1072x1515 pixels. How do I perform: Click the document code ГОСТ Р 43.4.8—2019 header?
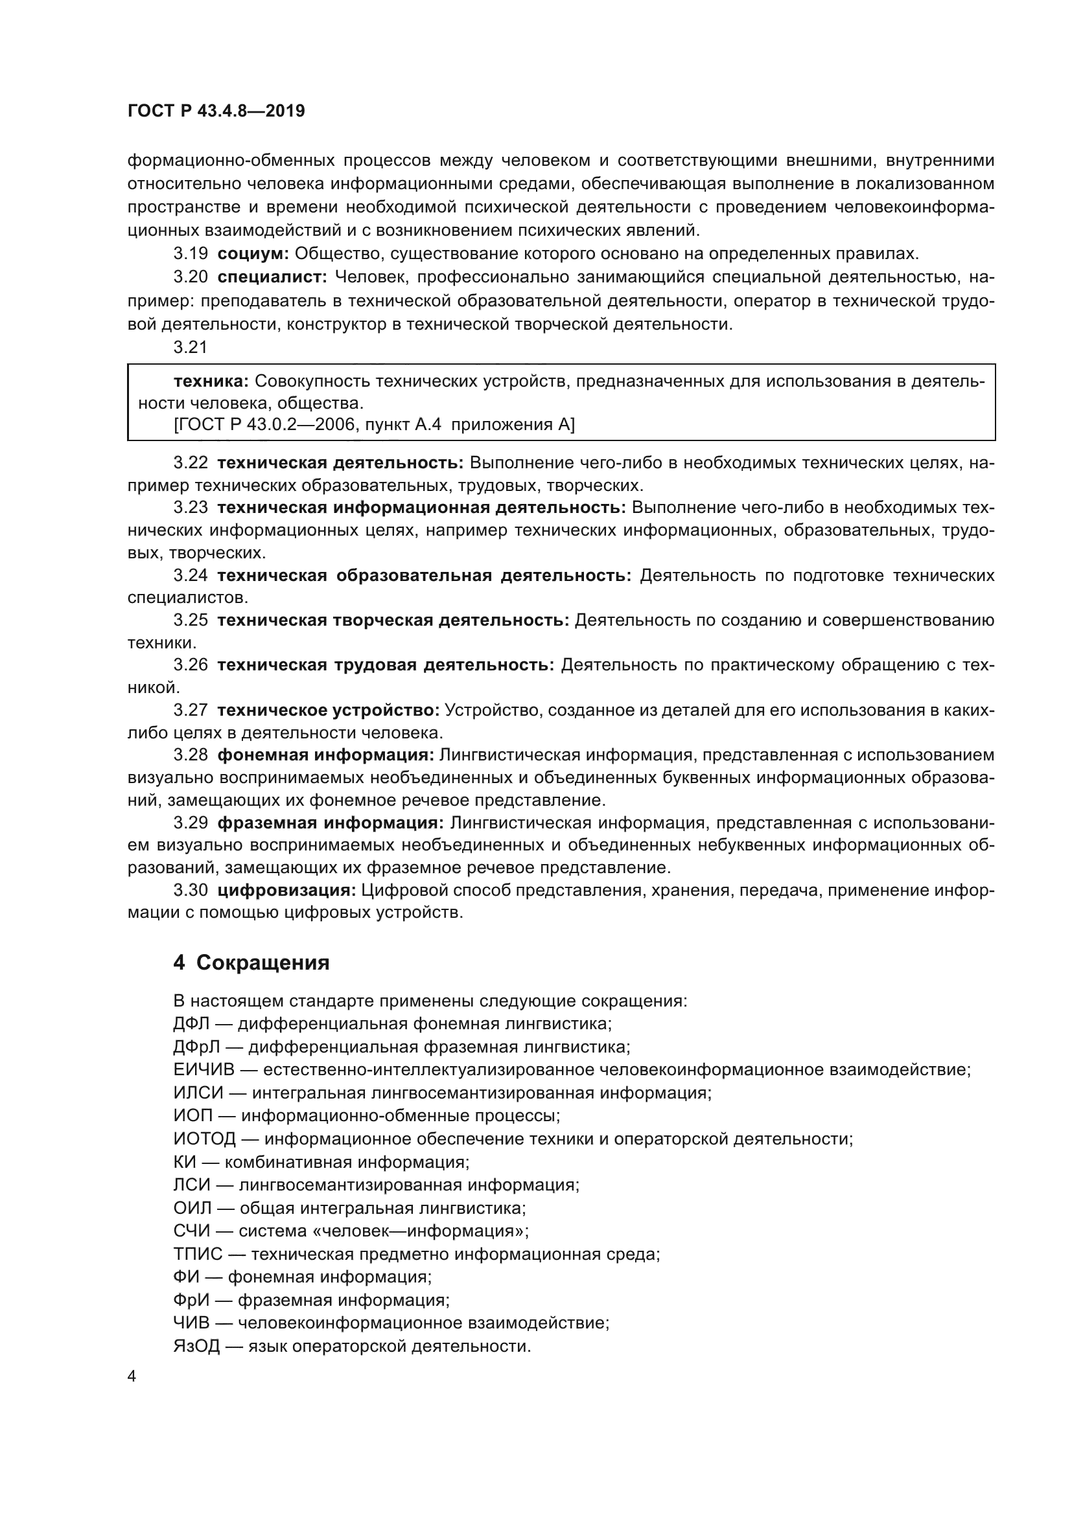click(x=216, y=111)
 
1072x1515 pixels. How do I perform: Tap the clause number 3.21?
click(x=191, y=347)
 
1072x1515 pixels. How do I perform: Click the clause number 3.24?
click(x=191, y=575)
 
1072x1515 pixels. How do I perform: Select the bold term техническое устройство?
click(x=328, y=710)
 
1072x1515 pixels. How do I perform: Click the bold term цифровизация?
click(x=286, y=890)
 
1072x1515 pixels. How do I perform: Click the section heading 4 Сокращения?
click(x=251, y=963)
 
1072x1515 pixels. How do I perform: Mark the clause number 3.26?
click(x=191, y=665)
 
